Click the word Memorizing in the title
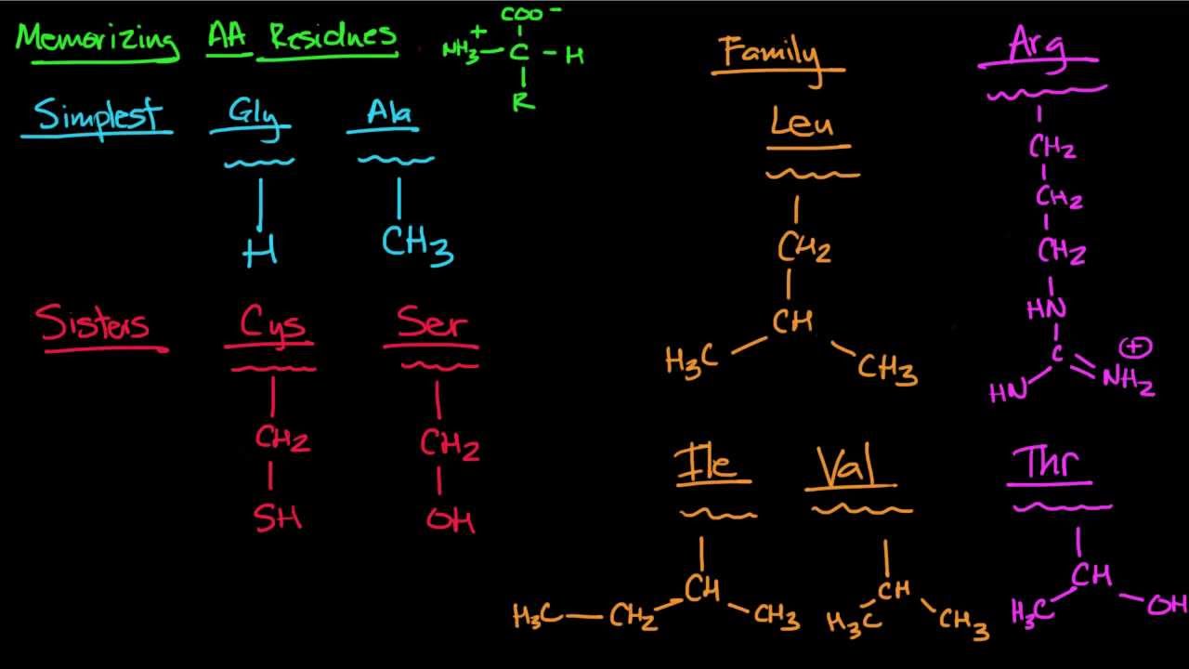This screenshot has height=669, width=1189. [97, 40]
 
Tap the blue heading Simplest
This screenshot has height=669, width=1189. [98, 116]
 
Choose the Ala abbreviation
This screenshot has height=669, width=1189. [390, 114]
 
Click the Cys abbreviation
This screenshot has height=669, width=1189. [273, 324]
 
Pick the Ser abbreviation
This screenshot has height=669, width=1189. [432, 322]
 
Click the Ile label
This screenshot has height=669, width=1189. [712, 464]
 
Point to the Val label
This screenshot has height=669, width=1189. [847, 466]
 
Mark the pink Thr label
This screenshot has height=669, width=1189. [1051, 463]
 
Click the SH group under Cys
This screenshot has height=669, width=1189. [278, 517]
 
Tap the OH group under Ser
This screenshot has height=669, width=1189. [451, 519]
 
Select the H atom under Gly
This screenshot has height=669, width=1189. [260, 252]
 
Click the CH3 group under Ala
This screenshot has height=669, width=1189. [417, 244]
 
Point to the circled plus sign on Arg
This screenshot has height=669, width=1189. [1135, 348]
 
